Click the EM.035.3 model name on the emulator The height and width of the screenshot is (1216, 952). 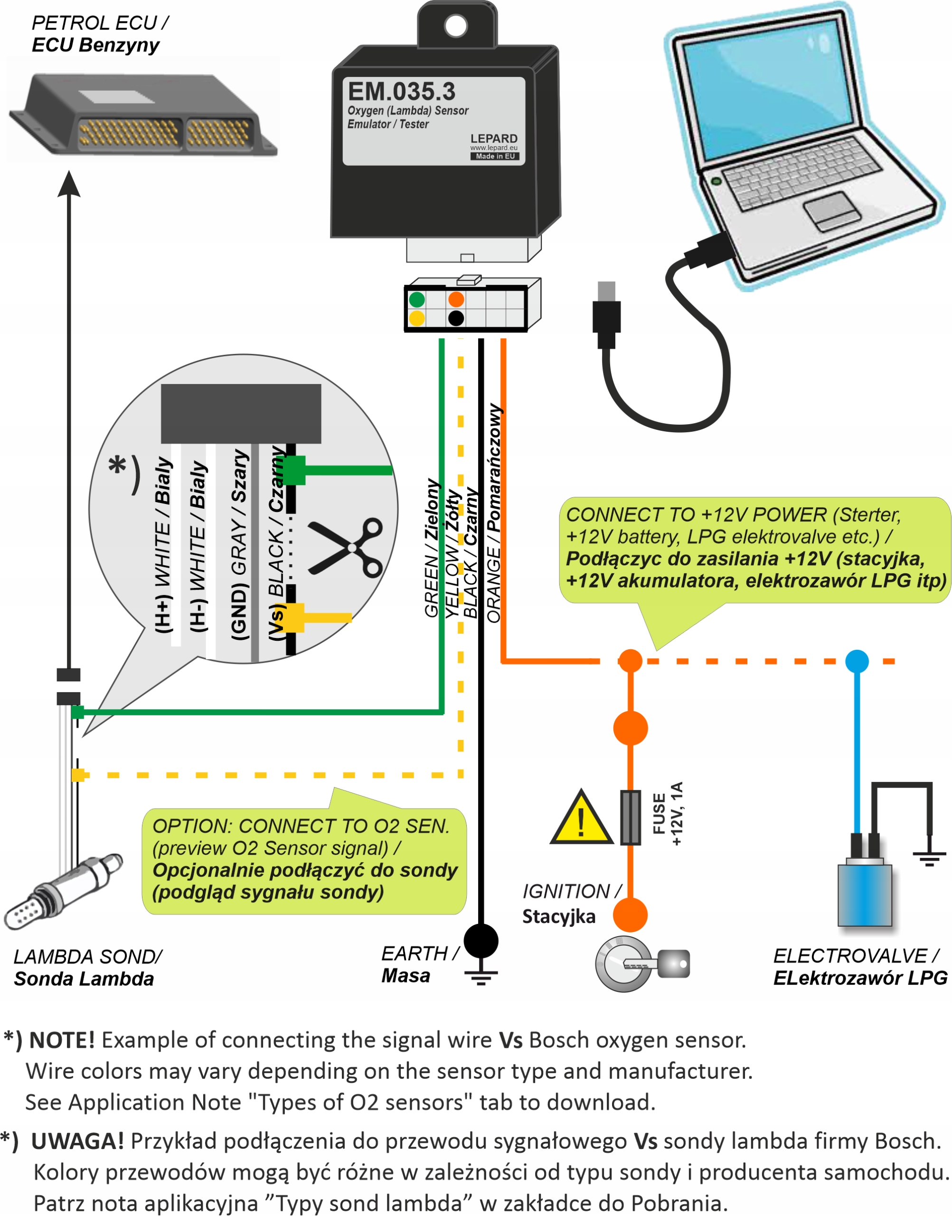pyautogui.click(x=401, y=91)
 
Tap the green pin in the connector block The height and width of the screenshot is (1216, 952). pyautogui.click(x=417, y=300)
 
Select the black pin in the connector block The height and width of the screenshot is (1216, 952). pyautogui.click(x=456, y=318)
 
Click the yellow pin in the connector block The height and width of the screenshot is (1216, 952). pyautogui.click(x=417, y=318)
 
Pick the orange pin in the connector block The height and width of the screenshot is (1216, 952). pyautogui.click(x=456, y=300)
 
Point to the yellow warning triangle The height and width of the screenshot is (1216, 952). pyautogui.click(x=581, y=819)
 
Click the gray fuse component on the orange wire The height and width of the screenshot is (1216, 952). pyautogui.click(x=631, y=817)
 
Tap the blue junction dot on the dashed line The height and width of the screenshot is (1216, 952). pyautogui.click(x=857, y=661)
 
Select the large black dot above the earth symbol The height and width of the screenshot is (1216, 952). pyautogui.click(x=481, y=941)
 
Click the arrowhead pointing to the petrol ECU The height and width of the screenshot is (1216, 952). pyautogui.click(x=69, y=184)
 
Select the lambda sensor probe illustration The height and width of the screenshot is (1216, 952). pyautogui.click(x=61, y=890)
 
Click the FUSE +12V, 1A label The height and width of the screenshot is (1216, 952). pyautogui.click(x=668, y=814)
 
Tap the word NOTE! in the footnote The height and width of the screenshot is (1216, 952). pyautogui.click(x=62, y=1040)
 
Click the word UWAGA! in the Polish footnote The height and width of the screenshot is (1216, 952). pyautogui.click(x=77, y=1141)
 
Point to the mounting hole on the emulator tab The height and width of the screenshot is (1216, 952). pyautogui.click(x=456, y=25)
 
